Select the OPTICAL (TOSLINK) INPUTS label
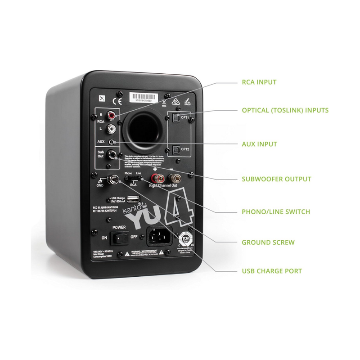tap(285, 110)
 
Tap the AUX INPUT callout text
tap(259, 144)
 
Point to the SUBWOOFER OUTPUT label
tap(276, 179)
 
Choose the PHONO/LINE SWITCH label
tap(276, 211)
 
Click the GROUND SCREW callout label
tap(268, 242)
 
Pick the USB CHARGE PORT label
tap(272, 271)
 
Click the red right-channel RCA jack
tap(117, 117)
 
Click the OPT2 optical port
tap(175, 149)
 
